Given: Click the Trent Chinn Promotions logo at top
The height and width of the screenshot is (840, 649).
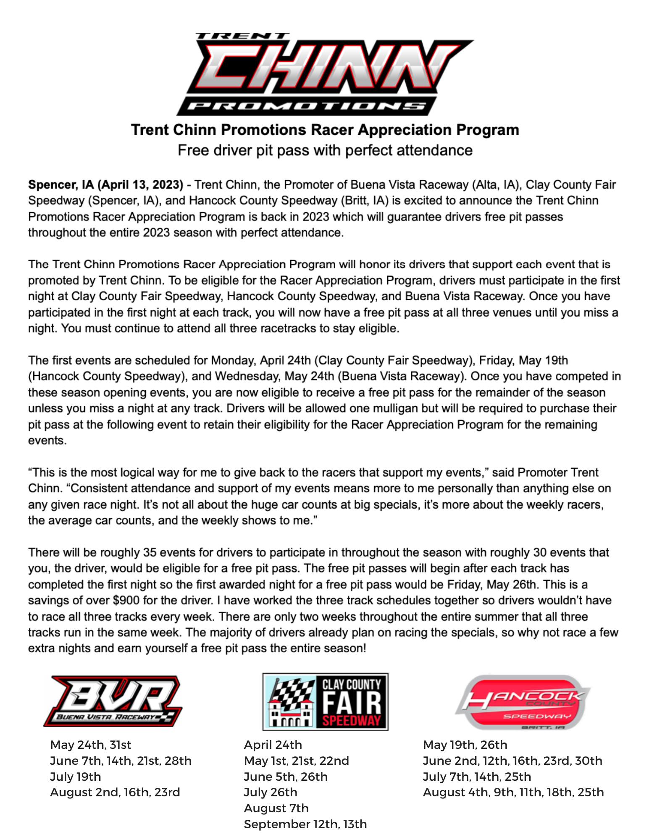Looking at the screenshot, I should pos(324,73).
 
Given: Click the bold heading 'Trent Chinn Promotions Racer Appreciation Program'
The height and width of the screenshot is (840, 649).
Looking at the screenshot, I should pos(325,130).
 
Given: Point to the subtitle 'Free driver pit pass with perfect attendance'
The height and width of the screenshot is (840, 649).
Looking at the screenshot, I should pos(325,150).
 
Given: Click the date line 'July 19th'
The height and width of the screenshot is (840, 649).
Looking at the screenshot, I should pos(76,777).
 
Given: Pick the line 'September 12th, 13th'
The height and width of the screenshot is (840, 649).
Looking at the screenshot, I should pos(305,824).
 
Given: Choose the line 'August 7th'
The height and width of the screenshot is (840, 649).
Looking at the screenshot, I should pos(276,808).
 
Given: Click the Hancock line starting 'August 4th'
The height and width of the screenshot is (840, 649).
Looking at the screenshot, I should pos(513,792).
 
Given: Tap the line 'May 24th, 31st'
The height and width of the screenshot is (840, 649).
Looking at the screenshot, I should pos(91,745).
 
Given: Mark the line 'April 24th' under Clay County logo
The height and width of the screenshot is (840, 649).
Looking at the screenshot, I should pos(273,745).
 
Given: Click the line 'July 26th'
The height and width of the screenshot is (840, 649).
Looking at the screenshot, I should pos(271,792).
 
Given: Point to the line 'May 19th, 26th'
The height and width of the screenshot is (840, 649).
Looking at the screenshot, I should pos(465,745).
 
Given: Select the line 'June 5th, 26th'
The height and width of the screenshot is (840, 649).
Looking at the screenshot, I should pos(286,777).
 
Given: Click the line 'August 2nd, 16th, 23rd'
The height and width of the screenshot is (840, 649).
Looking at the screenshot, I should pos(115,792).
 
